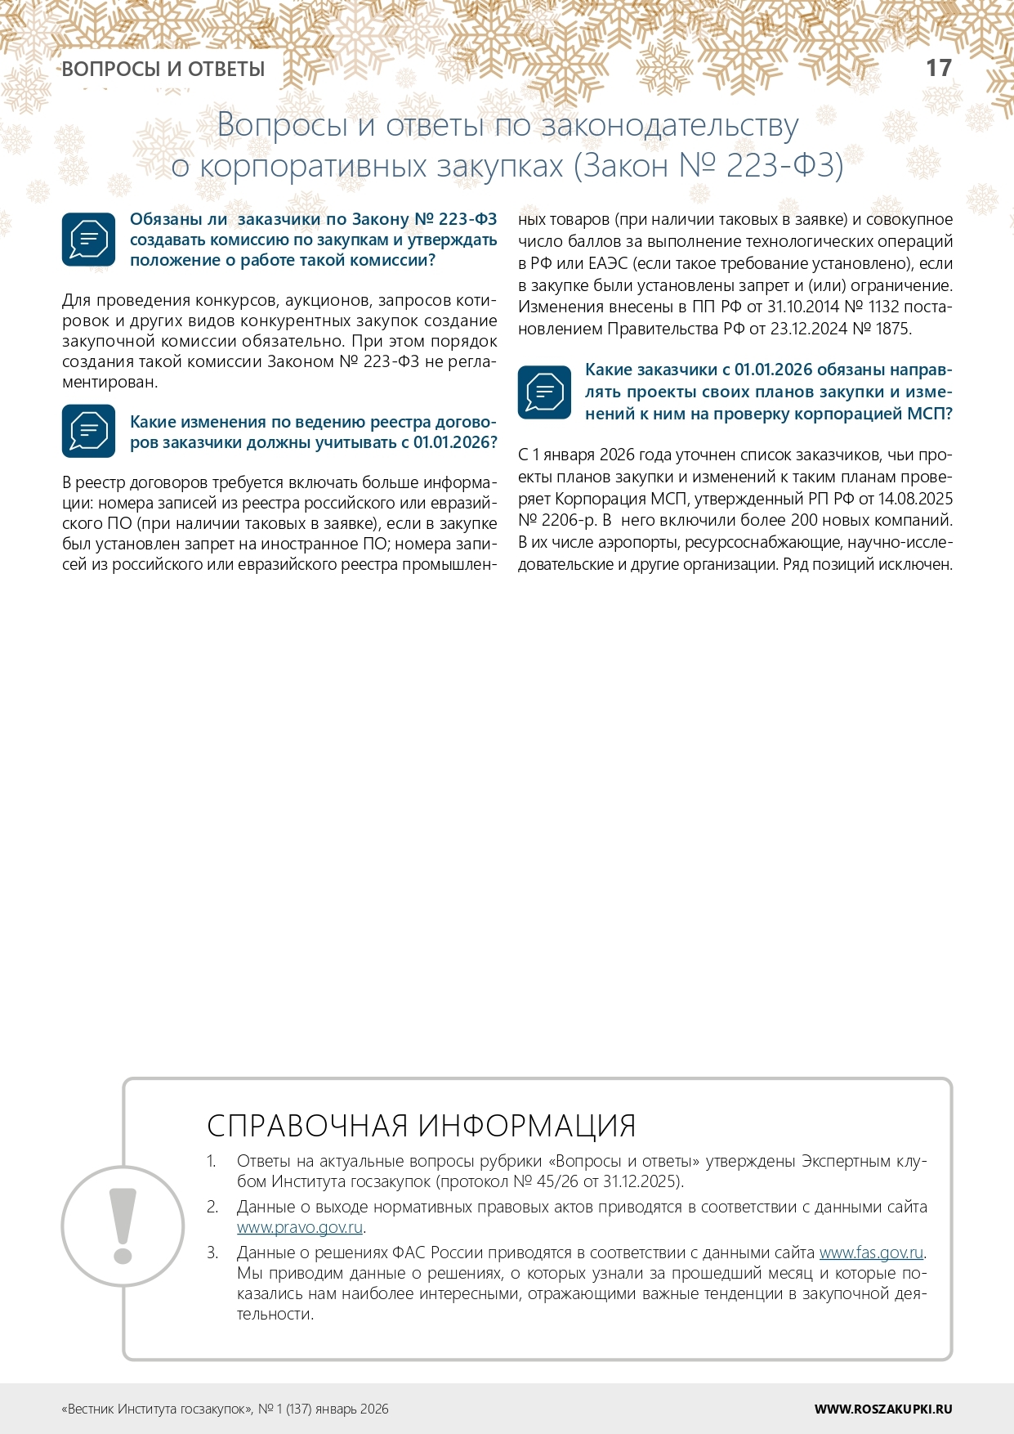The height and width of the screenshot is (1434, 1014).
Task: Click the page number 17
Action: [938, 68]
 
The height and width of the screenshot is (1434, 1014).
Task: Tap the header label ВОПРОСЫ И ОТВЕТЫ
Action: [163, 69]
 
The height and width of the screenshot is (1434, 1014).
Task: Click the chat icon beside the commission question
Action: [88, 240]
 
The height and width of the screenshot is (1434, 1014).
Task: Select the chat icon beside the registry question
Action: [88, 431]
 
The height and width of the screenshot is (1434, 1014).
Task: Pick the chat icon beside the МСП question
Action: [544, 392]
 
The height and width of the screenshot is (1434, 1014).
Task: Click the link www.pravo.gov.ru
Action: [300, 1227]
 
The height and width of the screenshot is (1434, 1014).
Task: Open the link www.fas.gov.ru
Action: [871, 1253]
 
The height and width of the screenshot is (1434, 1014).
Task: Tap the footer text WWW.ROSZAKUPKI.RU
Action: [883, 1409]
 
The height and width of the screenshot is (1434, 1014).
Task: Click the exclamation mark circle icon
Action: [123, 1226]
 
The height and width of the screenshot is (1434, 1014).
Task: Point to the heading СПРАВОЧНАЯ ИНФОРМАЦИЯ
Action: [421, 1126]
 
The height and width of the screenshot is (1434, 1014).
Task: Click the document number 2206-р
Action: [570, 520]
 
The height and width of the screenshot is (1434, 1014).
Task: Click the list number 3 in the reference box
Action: [212, 1253]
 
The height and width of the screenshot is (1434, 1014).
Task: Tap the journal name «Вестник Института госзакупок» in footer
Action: [156, 1409]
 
